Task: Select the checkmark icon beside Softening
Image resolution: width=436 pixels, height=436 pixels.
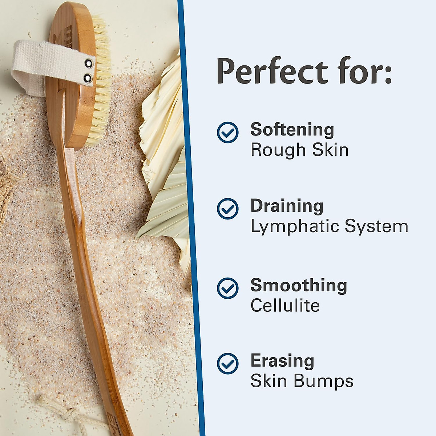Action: point(228,132)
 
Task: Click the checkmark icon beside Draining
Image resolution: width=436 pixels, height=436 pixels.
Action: point(228,209)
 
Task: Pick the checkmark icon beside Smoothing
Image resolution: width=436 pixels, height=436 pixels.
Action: point(228,288)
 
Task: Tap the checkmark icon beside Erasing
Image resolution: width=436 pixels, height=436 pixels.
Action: point(228,363)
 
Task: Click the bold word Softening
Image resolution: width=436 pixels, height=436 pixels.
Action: point(292,130)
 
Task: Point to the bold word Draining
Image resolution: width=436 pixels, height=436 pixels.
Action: point(287,206)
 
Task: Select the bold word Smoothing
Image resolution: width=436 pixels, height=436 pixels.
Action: point(299,286)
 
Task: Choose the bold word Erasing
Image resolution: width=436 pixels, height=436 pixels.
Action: point(282,361)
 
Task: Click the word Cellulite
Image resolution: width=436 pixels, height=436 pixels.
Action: point(285,306)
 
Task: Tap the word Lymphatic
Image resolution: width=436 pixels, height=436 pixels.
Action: point(294,227)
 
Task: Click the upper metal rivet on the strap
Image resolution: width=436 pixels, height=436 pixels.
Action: point(88,64)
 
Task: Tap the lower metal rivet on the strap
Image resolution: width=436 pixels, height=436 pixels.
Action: point(88,77)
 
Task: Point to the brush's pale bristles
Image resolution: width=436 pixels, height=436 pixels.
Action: point(102,84)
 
